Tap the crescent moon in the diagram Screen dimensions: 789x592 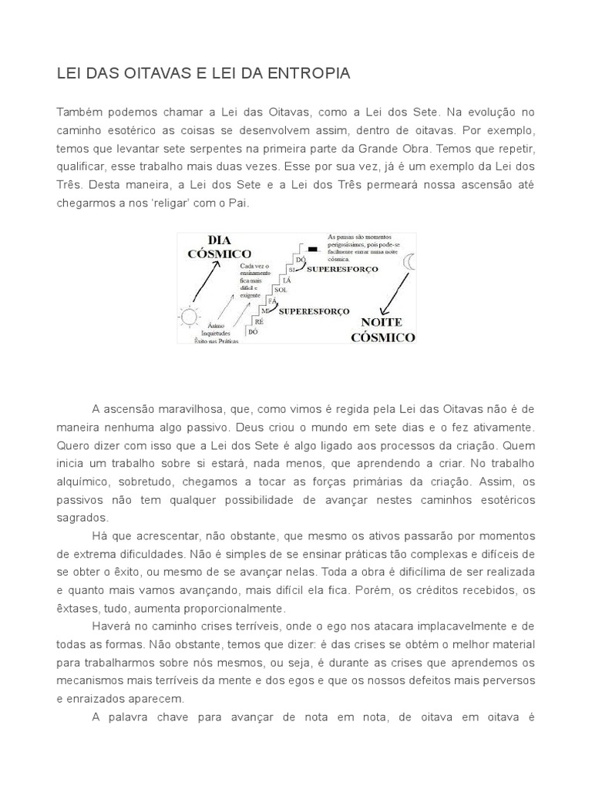click(x=409, y=263)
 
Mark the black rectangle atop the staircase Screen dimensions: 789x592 click(x=312, y=249)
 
